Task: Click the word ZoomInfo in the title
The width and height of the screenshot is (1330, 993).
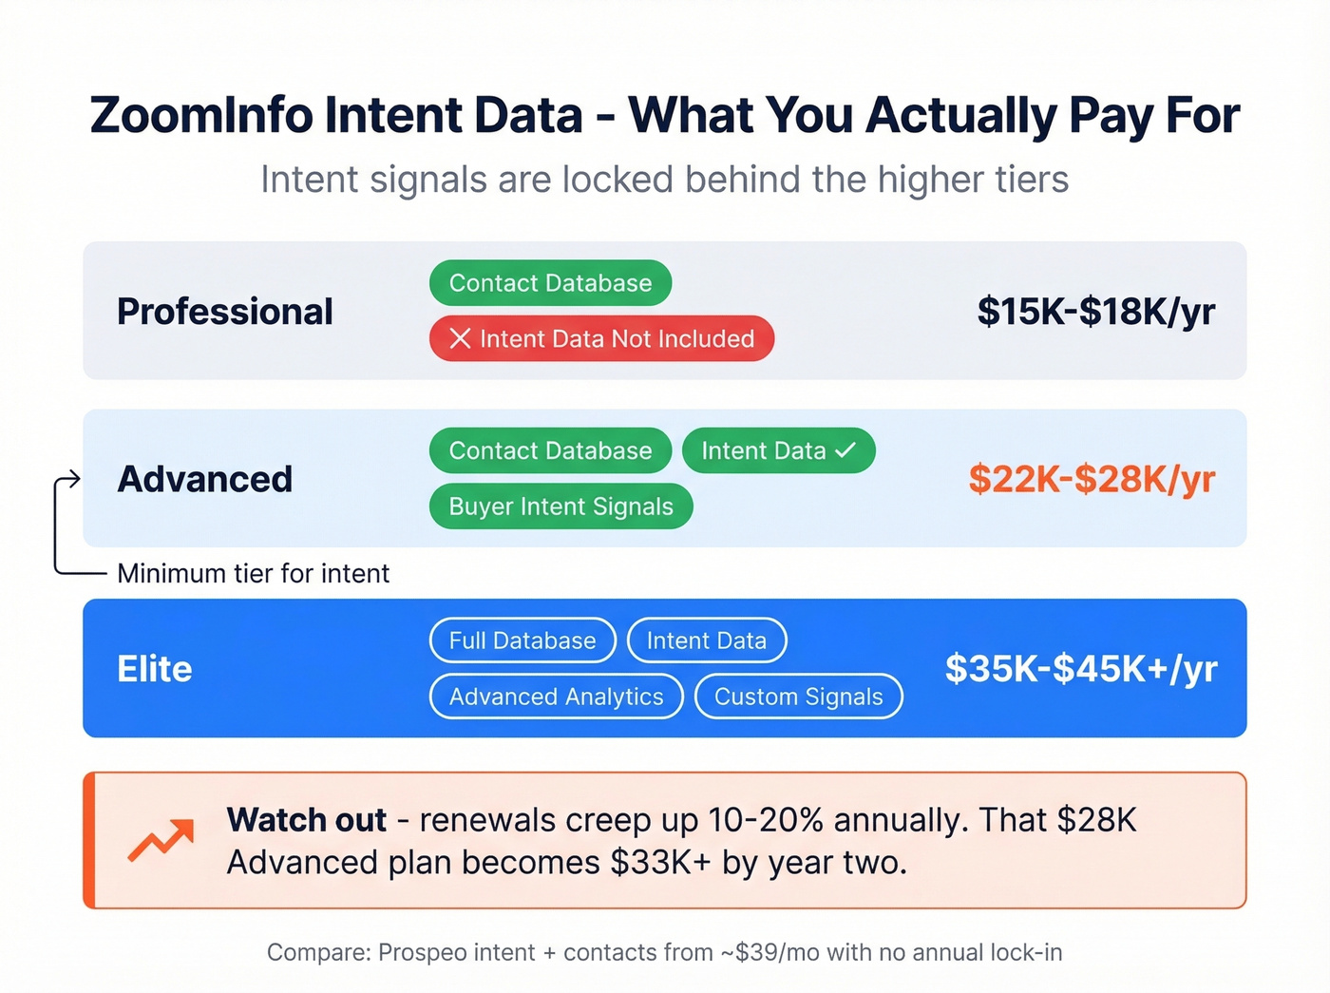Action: coord(201,116)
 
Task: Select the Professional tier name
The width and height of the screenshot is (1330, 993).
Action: coord(225,312)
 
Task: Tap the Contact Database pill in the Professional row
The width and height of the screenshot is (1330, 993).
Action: coord(550,283)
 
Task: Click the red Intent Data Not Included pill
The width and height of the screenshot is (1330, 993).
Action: coord(601,338)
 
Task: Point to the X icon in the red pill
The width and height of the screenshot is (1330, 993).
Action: coord(460,338)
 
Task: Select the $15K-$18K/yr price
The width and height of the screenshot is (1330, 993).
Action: coord(1096,312)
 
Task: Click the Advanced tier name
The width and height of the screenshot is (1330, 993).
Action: coord(205,479)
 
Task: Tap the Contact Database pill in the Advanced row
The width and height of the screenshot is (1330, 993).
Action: coord(550,450)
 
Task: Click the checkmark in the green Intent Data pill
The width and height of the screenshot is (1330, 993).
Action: coord(845,450)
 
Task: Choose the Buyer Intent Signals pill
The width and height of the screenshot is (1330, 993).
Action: coord(560,506)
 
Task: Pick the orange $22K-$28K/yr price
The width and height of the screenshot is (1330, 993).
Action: coord(1092,479)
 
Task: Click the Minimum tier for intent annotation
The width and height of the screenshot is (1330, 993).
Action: coord(253,574)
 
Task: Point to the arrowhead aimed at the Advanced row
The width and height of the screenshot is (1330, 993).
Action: coord(73,479)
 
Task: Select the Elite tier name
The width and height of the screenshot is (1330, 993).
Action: coord(155,669)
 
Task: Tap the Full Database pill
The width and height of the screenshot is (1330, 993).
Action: coord(522,640)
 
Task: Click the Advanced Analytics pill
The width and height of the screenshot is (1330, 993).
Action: coord(556,697)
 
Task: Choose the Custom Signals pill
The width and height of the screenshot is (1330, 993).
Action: coord(798,697)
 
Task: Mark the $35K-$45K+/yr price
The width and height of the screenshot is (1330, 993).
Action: coord(1081,669)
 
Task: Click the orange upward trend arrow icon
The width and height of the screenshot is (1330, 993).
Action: coord(161,839)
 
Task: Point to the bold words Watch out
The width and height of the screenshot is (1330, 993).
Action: coord(306,820)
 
